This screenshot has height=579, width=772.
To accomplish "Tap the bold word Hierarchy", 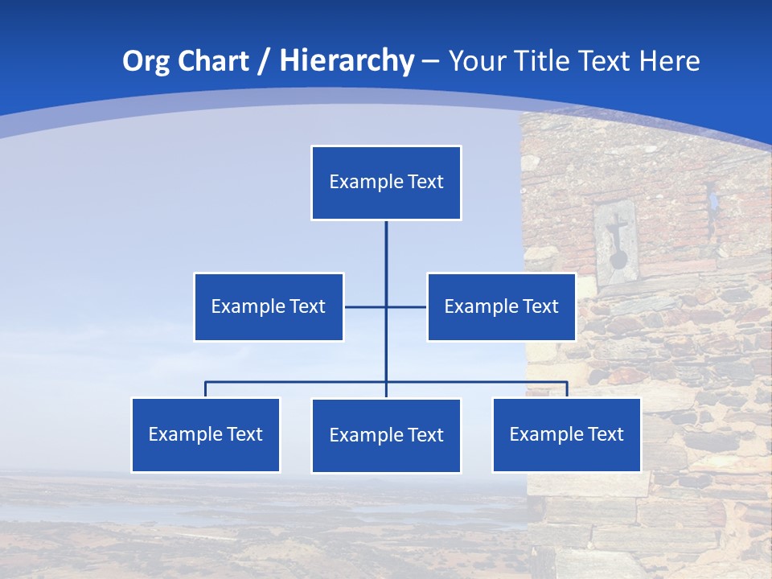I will (347, 61).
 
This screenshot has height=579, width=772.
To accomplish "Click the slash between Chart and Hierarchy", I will (263, 62).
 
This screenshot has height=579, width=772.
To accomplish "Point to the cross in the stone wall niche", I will (617, 233).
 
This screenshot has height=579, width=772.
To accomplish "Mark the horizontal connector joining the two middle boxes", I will (366, 306).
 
